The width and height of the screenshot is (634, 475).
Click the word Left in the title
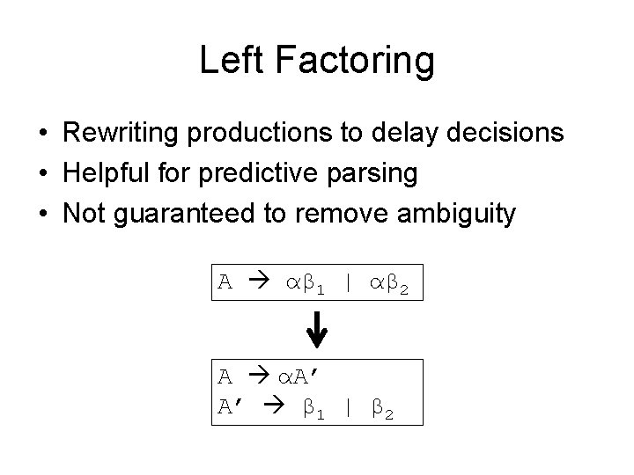click(x=225, y=61)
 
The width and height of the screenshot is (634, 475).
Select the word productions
click(x=264, y=134)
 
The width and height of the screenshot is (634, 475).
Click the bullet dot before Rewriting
click(x=42, y=135)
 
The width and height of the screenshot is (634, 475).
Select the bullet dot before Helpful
click(x=42, y=174)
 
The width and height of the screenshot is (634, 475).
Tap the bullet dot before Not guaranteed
click(x=42, y=214)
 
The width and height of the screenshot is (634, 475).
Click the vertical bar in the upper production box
click(x=349, y=281)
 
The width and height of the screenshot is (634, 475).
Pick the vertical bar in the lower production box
click(x=349, y=407)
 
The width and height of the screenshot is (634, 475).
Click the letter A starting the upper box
click(x=225, y=281)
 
